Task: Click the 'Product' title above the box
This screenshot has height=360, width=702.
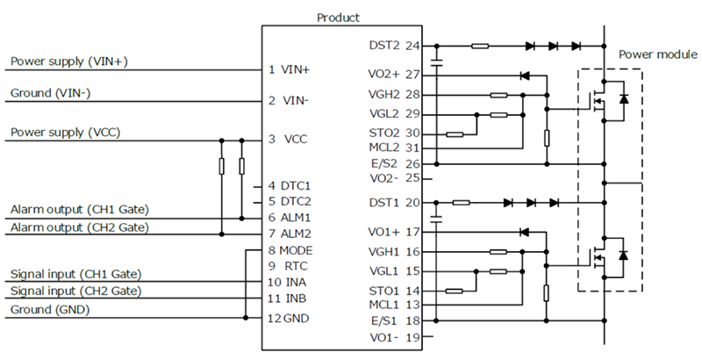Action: point(338,18)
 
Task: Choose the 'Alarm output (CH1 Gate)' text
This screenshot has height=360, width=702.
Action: point(79,210)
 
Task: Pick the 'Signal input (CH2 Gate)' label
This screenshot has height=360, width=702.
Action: point(75,291)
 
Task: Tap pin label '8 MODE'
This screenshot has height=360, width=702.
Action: point(290,250)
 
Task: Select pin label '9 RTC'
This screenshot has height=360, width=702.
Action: point(287,265)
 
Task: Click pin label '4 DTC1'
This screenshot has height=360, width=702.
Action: point(290,186)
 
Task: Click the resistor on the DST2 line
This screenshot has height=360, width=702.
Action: point(480,46)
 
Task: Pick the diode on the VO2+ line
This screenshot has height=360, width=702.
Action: point(525,76)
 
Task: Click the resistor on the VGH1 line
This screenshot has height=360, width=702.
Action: point(498,252)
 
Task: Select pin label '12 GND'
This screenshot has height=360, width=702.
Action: point(290,318)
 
